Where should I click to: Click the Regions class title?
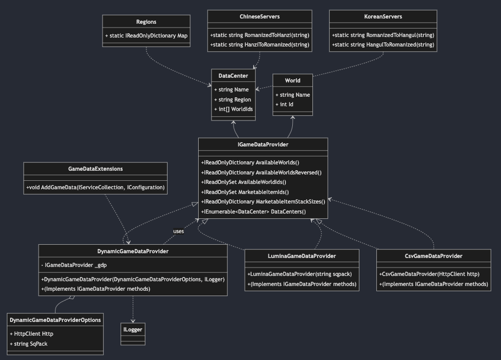[146, 22]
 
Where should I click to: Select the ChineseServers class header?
[259, 16]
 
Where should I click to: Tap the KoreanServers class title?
[383, 16]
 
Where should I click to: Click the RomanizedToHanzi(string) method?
[259, 35]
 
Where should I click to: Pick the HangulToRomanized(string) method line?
[383, 45]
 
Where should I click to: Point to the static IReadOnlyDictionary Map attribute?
[146, 36]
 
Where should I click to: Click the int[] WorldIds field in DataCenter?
[233, 109]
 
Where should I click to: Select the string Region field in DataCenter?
[232, 99]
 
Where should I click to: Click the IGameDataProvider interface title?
[263, 144]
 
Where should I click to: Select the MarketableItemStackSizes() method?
[263, 201]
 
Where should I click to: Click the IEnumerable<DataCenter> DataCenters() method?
[254, 211]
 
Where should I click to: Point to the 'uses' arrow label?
[179, 231]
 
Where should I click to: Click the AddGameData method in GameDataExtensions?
[95, 188]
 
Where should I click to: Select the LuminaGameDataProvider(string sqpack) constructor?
[300, 274]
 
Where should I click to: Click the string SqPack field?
[30, 344]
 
